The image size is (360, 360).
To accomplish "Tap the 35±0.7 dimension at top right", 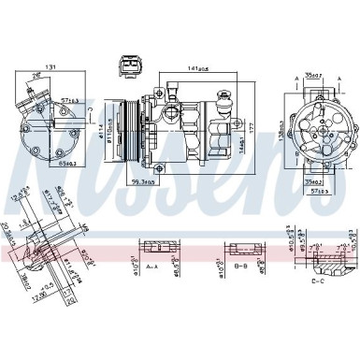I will click(x=315, y=76).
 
